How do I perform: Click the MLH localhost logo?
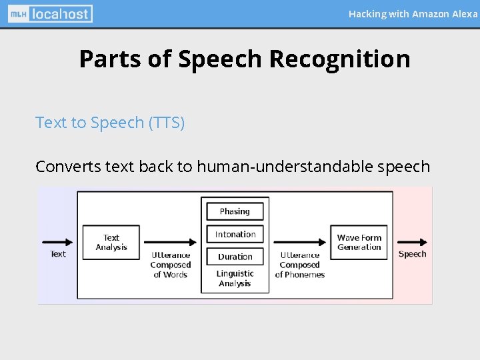click(x=51, y=13)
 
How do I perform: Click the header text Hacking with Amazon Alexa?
click(x=413, y=13)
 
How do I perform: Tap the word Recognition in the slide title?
click(x=339, y=59)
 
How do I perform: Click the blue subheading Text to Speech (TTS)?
click(x=110, y=123)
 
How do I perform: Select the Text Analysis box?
click(x=111, y=242)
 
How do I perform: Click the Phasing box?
click(x=235, y=211)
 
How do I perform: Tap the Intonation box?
click(x=235, y=234)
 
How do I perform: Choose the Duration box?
click(x=235, y=257)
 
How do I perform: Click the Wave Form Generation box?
click(x=359, y=242)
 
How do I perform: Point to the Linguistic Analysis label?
click(x=235, y=279)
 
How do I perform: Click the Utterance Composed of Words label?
click(x=171, y=265)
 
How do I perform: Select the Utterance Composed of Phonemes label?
click(x=300, y=265)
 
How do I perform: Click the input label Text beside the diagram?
click(x=58, y=254)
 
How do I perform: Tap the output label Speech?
click(x=412, y=254)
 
